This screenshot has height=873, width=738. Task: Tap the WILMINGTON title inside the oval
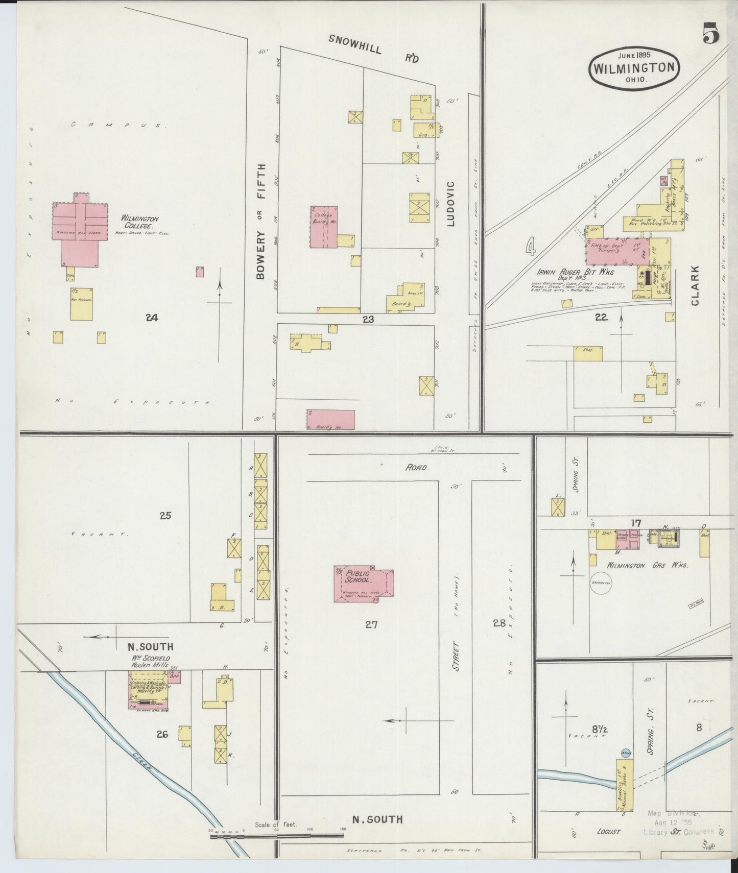click(635, 68)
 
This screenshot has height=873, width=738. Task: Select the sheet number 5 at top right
click(711, 34)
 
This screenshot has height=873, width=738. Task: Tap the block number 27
click(371, 624)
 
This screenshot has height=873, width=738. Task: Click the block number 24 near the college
click(151, 318)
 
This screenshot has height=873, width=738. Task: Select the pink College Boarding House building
click(323, 227)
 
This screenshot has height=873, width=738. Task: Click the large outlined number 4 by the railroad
click(531, 248)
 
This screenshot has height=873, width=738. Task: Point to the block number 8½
click(597, 728)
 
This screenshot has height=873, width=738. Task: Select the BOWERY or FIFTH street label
click(261, 221)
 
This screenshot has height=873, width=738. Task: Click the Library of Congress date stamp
click(679, 822)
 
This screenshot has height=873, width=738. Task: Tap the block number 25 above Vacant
click(164, 516)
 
